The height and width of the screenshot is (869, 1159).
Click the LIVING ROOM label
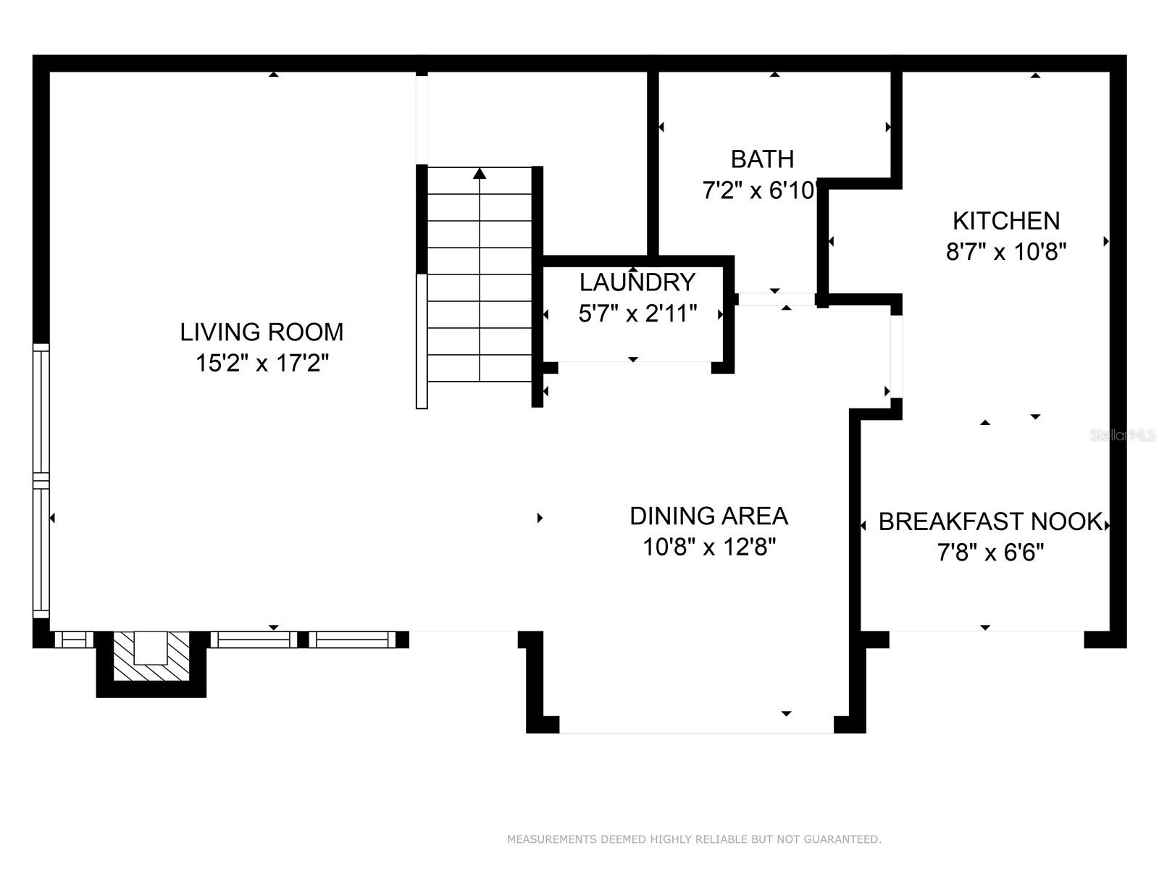click(261, 332)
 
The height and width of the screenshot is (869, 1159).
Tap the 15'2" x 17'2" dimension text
click(262, 363)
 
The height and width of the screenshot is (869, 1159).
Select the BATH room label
click(762, 159)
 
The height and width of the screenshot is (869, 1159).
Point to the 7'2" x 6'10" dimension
click(761, 190)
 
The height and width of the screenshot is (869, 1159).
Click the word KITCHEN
click(1006, 221)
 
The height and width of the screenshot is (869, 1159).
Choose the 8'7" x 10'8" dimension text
click(1006, 252)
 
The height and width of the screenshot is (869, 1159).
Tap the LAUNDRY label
click(637, 283)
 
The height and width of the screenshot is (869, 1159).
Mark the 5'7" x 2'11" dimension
click(638, 314)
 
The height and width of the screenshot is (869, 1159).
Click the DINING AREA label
click(708, 516)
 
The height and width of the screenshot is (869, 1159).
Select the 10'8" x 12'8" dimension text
click(709, 547)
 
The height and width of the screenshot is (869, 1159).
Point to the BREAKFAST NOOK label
click(990, 522)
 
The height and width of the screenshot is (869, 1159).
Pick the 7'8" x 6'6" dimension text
click(990, 553)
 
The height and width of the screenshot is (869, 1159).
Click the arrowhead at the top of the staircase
click(480, 173)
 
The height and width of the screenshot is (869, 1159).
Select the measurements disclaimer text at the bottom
click(695, 839)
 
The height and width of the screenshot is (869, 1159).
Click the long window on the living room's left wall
click(41, 481)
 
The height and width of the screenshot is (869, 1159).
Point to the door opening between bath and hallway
click(777, 299)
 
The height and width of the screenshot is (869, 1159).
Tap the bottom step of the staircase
click(480, 369)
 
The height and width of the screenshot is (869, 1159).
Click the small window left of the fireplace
click(74, 640)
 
